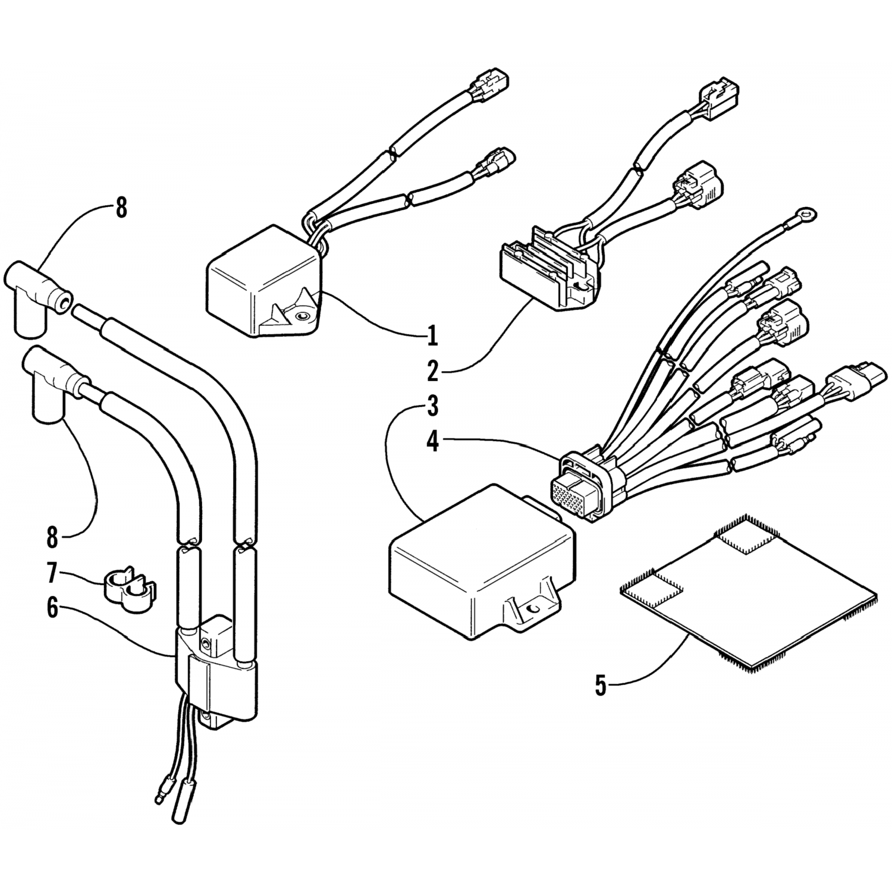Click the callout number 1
(x=432, y=335)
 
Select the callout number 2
(x=432, y=370)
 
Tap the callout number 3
(x=432, y=407)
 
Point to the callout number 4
(x=432, y=441)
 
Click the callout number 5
(x=601, y=686)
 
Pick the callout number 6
(x=53, y=609)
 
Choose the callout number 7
(x=52, y=574)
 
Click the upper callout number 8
(x=121, y=208)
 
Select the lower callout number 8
(x=52, y=537)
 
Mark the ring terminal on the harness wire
(x=806, y=212)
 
